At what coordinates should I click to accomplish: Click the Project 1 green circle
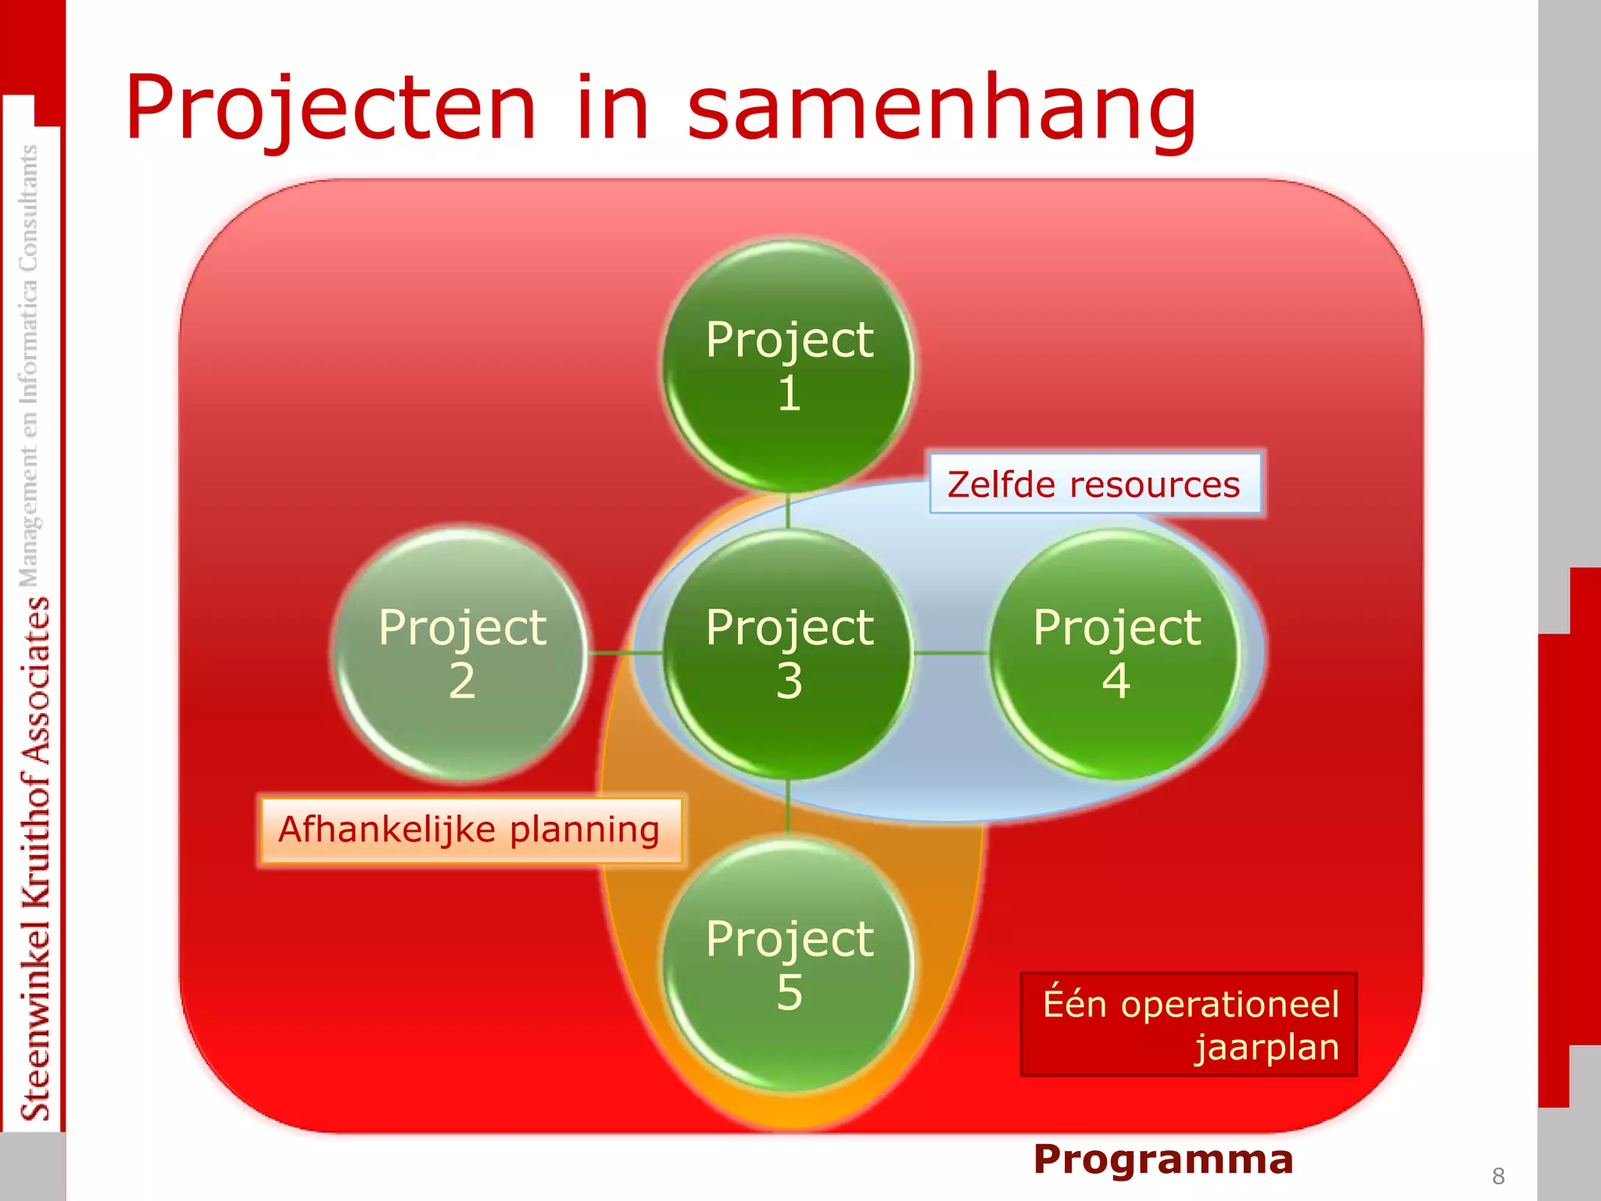click(788, 366)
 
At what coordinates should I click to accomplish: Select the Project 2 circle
click(461, 653)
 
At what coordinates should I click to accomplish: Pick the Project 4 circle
click(1116, 653)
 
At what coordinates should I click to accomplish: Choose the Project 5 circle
click(788, 964)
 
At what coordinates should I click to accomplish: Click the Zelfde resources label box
click(1094, 484)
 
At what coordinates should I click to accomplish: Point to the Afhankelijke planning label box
click(469, 830)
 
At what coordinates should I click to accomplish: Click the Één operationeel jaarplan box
click(1188, 1024)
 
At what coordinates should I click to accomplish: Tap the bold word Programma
click(1163, 1159)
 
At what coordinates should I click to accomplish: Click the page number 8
click(1498, 1176)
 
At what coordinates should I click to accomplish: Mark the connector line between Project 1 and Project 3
click(788, 510)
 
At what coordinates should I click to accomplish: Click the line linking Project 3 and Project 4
click(951, 652)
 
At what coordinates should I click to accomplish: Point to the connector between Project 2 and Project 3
click(625, 652)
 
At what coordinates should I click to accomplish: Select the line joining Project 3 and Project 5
click(788, 807)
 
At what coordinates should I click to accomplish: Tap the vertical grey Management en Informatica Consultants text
click(29, 364)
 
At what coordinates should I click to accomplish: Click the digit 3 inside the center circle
click(789, 681)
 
